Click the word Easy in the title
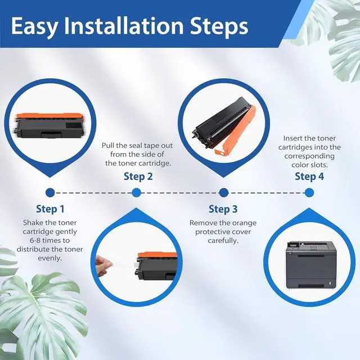click(x=34, y=26)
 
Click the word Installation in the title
click(x=124, y=25)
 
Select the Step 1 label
click(x=50, y=209)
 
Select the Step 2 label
click(x=138, y=177)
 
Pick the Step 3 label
click(x=223, y=209)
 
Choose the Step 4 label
click(x=309, y=176)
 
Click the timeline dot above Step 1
click(x=50, y=192)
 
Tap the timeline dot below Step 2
click(x=136, y=192)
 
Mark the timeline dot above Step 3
click(x=224, y=192)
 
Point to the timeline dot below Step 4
click(x=309, y=192)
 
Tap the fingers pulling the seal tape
click(x=102, y=265)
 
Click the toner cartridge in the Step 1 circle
click(x=50, y=125)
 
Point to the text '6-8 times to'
click(x=49, y=241)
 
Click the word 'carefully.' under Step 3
click(x=223, y=241)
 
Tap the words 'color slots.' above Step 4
click(x=309, y=165)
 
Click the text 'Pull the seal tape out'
click(x=137, y=146)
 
